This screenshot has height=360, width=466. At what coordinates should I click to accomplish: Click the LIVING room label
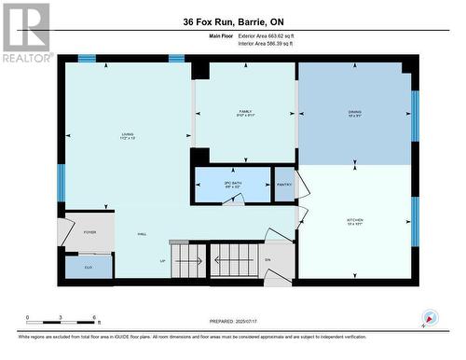pyautogui.click(x=127, y=134)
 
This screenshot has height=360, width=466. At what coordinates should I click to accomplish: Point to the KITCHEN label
pyautogui.click(x=355, y=220)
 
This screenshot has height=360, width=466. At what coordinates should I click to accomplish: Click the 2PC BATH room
pyautogui.click(x=231, y=185)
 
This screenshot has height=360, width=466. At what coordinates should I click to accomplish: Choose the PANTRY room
pyautogui.click(x=284, y=185)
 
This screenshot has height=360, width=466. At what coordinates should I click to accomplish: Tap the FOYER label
pyautogui.click(x=89, y=231)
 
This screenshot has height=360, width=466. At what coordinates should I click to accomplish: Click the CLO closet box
pyautogui.click(x=88, y=266)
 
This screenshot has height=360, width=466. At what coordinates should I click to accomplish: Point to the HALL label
pyautogui.click(x=142, y=234)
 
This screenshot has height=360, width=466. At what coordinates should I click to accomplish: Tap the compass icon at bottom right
pyautogui.click(x=430, y=318)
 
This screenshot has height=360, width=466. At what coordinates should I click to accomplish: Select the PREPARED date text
pyautogui.click(x=233, y=322)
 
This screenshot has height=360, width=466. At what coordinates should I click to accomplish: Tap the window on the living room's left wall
pyautogui.click(x=61, y=181)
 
